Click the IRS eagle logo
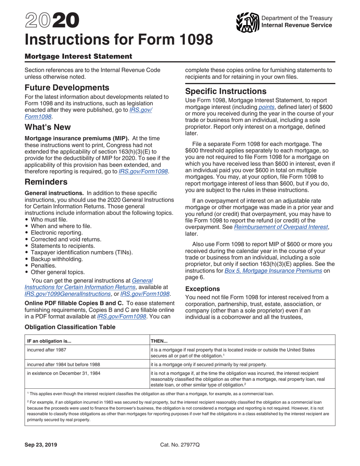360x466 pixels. click(x=247, y=22)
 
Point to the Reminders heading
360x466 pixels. click(x=46, y=182)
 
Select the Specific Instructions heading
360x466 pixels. click(x=225, y=91)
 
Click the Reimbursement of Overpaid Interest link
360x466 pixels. click(x=281, y=227)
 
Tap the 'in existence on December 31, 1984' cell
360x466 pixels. click(x=58, y=373)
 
